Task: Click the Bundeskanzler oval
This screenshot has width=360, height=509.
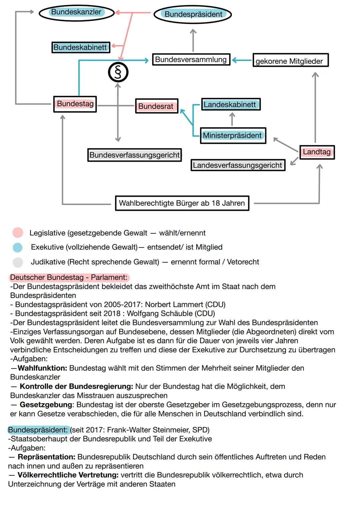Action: coord(76,13)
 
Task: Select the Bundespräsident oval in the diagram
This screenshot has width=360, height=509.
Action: coord(193,14)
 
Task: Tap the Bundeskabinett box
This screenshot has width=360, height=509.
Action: coord(80,47)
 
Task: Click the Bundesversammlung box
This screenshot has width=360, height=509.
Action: coord(191,60)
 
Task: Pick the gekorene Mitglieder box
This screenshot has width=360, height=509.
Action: coord(290,61)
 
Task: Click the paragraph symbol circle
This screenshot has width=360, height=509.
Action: coord(118,72)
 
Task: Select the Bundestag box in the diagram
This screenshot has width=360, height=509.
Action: coord(75,104)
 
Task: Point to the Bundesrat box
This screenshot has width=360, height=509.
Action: coord(156,106)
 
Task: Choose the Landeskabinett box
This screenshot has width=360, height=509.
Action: coord(230,104)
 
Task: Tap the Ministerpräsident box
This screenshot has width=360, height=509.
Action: coord(233,136)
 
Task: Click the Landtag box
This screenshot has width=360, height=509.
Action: coord(317,152)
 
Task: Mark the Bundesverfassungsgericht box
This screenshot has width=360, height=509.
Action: coord(134,155)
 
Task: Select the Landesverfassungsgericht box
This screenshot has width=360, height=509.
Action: coord(238,165)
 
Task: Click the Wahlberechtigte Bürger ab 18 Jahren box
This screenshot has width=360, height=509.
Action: coord(182,203)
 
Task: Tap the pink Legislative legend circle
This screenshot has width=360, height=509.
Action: coord(18,233)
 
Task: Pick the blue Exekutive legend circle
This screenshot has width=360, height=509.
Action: coord(18,247)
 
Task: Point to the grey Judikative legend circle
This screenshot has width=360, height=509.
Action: coord(18,262)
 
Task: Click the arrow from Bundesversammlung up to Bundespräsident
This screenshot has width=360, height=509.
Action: coord(193,40)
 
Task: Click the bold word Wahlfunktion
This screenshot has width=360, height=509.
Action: coord(42,368)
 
